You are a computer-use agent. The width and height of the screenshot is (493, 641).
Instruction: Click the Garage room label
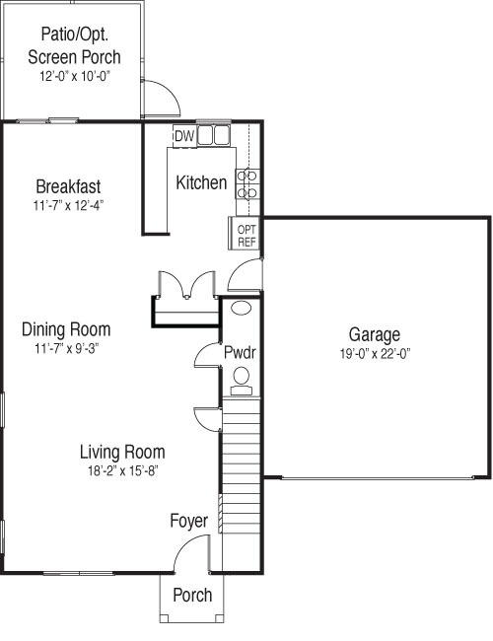(374, 335)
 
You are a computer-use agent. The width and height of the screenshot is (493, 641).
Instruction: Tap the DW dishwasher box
(184, 136)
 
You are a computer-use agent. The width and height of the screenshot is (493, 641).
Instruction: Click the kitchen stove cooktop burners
(247, 184)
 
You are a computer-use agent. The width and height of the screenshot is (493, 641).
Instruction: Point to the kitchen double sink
(213, 135)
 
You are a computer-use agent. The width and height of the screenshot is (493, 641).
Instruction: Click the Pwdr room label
(240, 352)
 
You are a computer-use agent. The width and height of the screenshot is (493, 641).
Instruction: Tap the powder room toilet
(242, 381)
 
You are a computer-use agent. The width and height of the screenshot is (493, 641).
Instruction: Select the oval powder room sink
(242, 308)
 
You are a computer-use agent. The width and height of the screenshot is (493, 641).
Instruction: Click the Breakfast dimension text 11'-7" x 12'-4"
(68, 205)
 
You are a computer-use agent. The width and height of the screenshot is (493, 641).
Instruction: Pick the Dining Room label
(66, 329)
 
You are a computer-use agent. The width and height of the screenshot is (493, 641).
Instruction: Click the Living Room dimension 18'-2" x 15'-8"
(122, 471)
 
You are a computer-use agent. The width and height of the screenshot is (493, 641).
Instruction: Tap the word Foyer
(189, 521)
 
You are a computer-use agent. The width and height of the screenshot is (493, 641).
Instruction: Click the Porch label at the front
(192, 595)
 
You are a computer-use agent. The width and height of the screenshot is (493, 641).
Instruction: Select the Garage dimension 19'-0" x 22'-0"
(375, 354)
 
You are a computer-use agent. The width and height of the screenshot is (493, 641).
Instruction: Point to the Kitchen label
(201, 182)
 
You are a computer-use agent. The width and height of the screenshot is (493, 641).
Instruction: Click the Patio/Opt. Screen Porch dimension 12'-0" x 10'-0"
(75, 77)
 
